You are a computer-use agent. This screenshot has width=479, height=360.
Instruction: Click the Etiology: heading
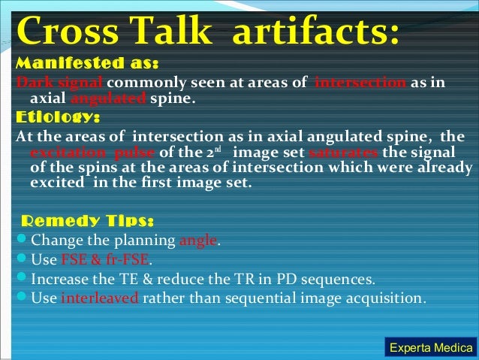point(57,117)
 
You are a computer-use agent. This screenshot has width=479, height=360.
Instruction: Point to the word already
point(432,167)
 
